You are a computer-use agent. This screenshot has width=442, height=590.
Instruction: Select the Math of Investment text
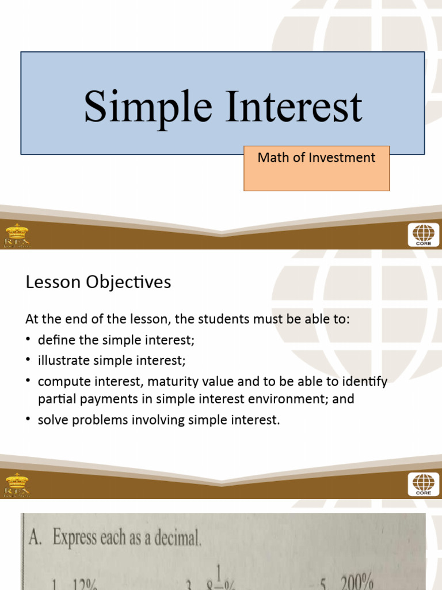coord(316,158)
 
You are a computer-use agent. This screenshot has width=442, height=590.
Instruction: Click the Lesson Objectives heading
coord(98,282)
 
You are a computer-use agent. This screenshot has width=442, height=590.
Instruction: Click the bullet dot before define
coord(29,341)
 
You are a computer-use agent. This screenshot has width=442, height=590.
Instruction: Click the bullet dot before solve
coord(29,420)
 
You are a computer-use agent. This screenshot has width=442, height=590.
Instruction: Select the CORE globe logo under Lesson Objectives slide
coord(423,485)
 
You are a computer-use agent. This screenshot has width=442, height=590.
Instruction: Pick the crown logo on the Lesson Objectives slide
coord(17,485)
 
